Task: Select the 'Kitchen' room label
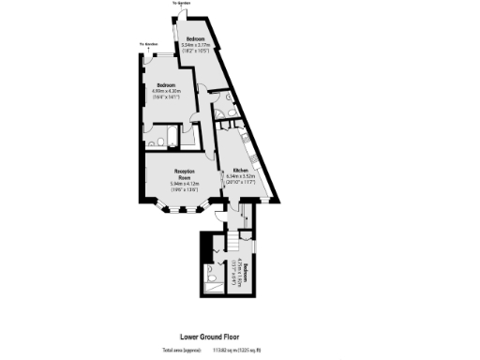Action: pos(240,169)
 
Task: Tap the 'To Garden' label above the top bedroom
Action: pos(186,4)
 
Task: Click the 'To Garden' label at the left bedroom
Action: pos(148,44)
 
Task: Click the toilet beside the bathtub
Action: pos(178,142)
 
